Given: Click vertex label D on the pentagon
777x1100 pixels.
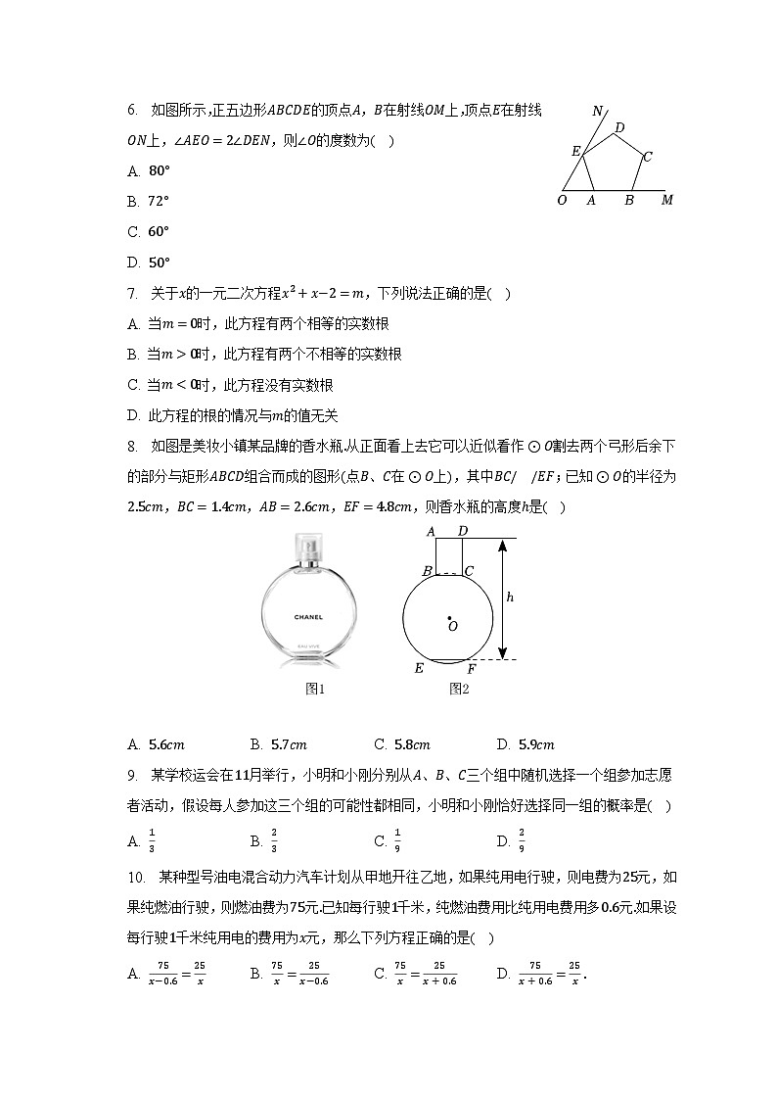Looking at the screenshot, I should point(619,127).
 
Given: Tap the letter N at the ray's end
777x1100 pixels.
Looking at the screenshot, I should point(598,111).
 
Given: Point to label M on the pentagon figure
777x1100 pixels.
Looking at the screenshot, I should point(667,201).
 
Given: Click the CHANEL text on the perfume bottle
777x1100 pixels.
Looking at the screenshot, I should point(308,617).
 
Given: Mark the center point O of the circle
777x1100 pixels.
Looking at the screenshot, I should point(449,619).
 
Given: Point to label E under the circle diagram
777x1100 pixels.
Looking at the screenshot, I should point(419,669).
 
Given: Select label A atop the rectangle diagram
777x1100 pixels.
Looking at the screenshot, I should point(431,531).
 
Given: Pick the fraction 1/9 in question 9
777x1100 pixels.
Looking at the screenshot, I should point(397,840).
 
